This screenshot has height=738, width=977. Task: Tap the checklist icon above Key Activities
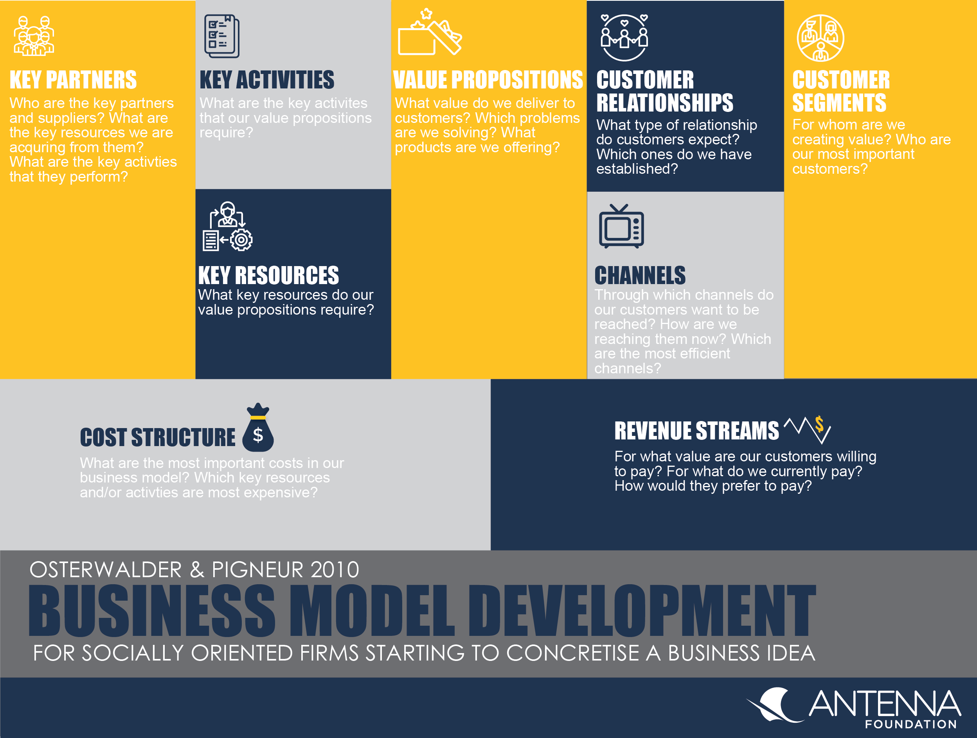[222, 36]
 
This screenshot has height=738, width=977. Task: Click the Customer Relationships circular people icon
[624, 38]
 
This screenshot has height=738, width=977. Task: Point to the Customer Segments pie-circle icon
[820, 38]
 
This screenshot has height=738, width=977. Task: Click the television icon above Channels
[621, 226]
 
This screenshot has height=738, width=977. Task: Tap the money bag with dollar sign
[258, 428]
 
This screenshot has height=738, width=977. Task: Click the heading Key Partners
[73, 80]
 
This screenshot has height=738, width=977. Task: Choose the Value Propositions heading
[488, 80]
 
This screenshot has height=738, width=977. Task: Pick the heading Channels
[640, 275]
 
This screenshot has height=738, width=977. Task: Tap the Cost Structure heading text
[158, 437]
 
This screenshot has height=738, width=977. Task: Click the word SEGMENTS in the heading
[839, 103]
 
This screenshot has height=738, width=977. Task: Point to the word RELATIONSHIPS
[665, 103]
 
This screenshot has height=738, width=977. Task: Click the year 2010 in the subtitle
[335, 570]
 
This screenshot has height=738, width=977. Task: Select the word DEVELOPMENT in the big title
[642, 611]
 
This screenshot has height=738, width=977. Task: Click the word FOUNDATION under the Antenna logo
[911, 724]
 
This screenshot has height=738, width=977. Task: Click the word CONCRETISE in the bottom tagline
[572, 653]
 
